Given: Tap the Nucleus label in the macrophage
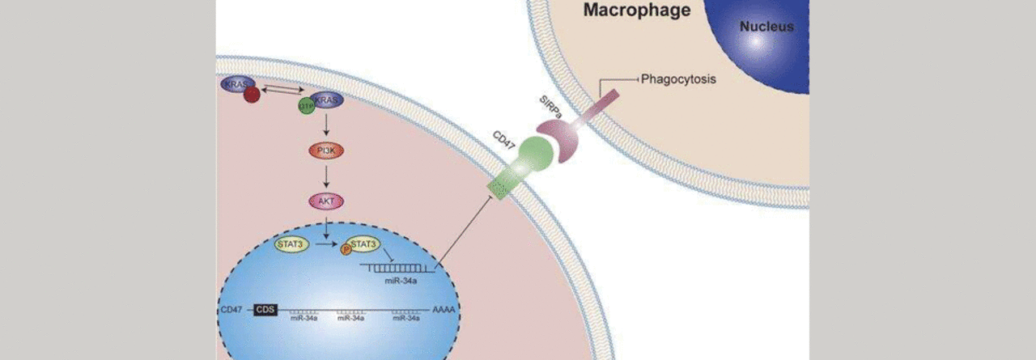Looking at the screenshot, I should point(766,27).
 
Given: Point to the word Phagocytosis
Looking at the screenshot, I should point(678,79).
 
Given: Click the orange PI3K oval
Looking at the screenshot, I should point(325,151).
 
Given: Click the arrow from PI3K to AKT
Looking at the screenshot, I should point(325,176).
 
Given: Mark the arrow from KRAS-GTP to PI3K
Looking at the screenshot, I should point(325,126).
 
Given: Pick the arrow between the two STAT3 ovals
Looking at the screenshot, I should point(325,243).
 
